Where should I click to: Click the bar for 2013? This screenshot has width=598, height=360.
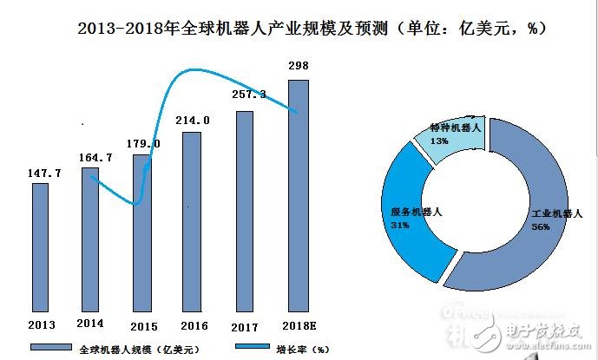coord(40,246)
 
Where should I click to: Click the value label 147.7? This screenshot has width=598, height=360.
coord(40,173)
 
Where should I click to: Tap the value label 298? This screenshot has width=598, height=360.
coord(298,67)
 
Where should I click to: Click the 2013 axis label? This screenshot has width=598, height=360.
coord(40,324)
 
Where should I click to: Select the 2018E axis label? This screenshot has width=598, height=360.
coord(299,324)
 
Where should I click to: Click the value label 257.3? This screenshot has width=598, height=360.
coord(246,93)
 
